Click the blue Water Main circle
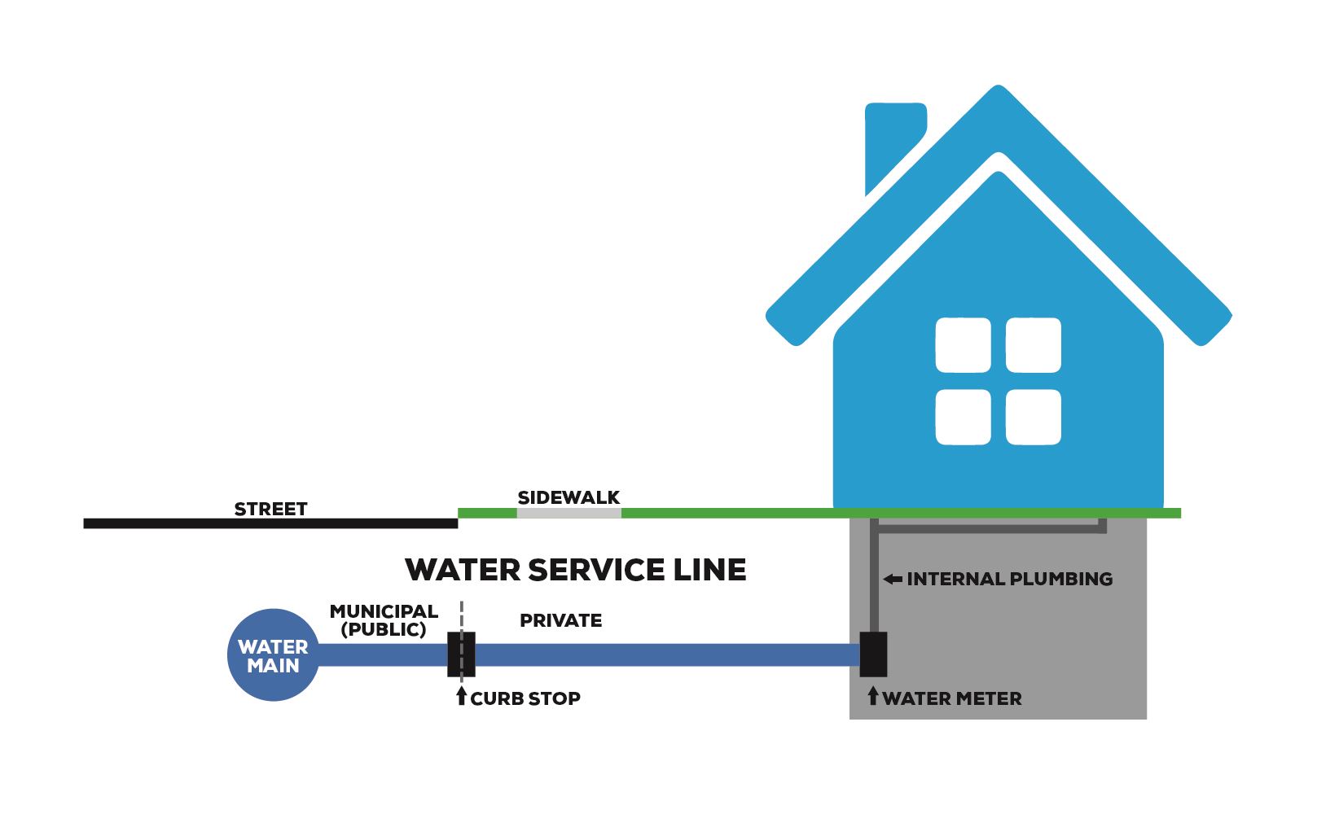[273, 655]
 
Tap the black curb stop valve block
[461, 654]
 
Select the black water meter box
[873, 654]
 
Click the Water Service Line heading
[575, 570]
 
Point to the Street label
[270, 510]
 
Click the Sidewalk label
[569, 497]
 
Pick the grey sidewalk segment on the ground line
[569, 513]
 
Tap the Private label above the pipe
[560, 620]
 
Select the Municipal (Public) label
[384, 620]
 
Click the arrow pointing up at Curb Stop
[462, 696]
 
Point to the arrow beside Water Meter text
[873, 696]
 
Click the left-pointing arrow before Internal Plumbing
[893, 580]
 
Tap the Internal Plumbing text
[1009, 580]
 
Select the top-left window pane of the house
[963, 345]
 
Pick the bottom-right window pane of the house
[1034, 417]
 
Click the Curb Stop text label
[525, 698]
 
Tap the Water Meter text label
[951, 698]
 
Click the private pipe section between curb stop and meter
[668, 655]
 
